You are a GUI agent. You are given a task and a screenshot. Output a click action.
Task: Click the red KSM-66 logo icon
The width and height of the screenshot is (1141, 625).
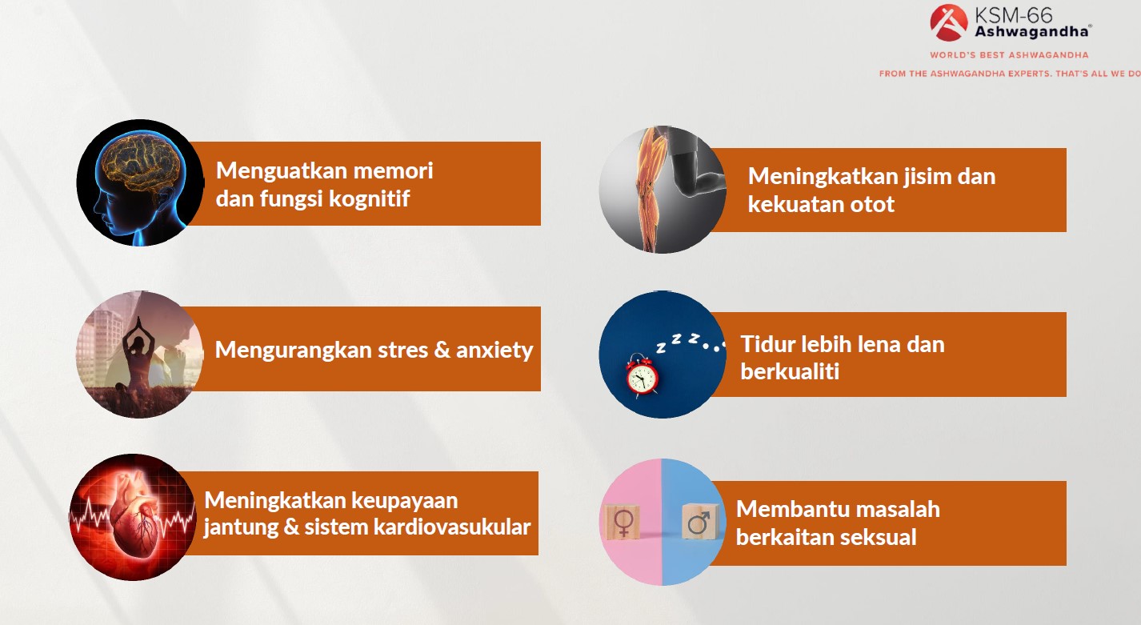948,22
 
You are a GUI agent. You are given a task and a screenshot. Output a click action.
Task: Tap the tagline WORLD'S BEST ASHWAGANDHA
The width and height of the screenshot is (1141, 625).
1009,55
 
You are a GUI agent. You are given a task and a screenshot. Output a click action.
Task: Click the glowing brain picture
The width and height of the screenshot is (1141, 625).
140,183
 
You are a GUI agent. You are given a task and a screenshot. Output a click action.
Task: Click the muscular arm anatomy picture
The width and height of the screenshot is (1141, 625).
663,190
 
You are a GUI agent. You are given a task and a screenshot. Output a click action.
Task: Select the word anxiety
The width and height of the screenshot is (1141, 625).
494,351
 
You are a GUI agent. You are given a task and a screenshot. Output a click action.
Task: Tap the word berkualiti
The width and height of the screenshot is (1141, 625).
790,372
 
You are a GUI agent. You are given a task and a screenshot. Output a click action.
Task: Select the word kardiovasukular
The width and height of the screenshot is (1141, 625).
452,527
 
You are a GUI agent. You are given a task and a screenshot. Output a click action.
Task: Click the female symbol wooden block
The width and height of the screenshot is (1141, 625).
622,522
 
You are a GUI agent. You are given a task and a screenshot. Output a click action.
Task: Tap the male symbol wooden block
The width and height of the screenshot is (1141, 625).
700,521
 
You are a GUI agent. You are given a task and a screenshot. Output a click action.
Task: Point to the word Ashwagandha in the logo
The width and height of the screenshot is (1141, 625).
1031,32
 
